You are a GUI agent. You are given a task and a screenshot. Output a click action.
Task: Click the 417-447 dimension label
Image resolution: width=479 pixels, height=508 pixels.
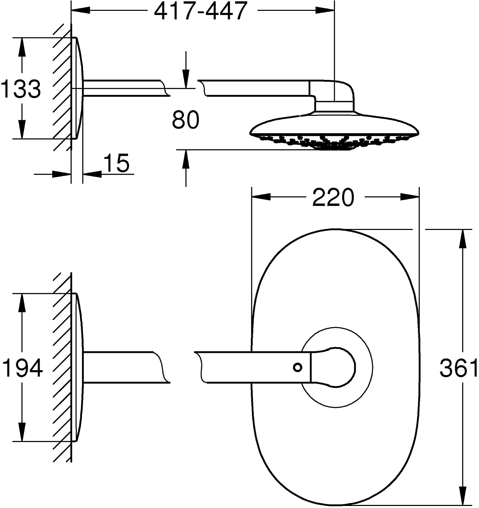(201, 11)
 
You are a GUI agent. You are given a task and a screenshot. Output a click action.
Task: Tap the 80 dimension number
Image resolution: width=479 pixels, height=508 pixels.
(186, 120)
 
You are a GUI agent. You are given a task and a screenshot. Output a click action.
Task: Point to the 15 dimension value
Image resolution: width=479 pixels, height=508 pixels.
(117, 163)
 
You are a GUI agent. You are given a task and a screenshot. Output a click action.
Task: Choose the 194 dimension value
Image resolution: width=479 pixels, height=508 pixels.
(22, 368)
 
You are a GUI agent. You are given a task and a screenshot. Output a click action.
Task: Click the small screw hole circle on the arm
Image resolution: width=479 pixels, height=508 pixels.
(297, 367)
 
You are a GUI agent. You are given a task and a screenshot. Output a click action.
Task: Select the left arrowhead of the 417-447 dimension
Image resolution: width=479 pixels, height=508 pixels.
(81, 10)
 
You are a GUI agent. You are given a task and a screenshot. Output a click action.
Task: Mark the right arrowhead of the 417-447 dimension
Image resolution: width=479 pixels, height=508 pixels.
(325, 10)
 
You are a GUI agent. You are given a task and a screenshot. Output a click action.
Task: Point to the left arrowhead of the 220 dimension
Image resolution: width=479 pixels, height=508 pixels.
(261, 197)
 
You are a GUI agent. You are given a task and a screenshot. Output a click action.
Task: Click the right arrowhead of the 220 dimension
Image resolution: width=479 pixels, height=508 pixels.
(410, 197)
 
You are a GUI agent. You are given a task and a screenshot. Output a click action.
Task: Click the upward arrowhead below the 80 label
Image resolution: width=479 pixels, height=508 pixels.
(186, 160)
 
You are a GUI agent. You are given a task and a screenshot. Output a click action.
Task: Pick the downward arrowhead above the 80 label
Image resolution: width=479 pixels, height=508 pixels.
(186, 79)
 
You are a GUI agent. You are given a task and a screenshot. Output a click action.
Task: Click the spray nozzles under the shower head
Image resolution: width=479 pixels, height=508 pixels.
(334, 142)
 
